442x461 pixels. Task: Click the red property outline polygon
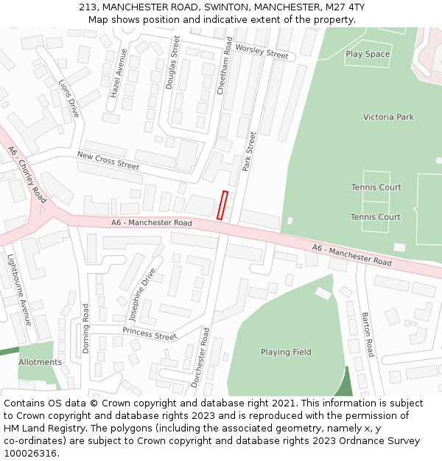pyautogui.click(x=222, y=205)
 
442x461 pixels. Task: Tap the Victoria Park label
pyautogui.click(x=388, y=117)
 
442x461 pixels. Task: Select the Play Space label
pyautogui.click(x=368, y=54)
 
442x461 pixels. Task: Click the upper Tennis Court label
pyautogui.click(x=376, y=187)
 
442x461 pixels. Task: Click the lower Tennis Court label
pyautogui.click(x=375, y=217)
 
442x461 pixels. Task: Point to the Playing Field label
pyautogui.click(x=286, y=352)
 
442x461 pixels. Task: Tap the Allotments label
pyautogui.click(x=41, y=362)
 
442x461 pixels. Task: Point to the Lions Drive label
pyautogui.click(x=69, y=98)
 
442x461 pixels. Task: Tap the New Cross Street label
pyautogui.click(x=108, y=160)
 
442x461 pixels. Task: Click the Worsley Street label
pyautogui.click(x=262, y=52)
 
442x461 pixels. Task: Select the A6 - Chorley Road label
pyautogui.click(x=27, y=174)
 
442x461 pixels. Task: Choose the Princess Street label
pyautogui.click(x=150, y=333)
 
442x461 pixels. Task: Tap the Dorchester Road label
pyautogui.click(x=200, y=358)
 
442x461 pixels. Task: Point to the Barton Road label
pyautogui.click(x=367, y=334)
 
